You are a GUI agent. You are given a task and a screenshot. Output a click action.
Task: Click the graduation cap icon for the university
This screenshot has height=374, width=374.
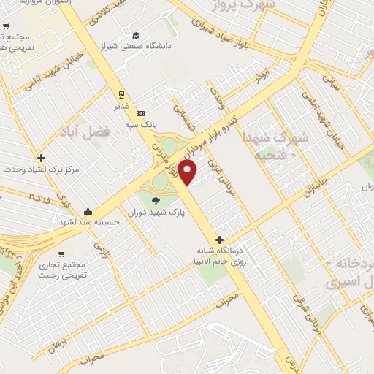click(x=136, y=35)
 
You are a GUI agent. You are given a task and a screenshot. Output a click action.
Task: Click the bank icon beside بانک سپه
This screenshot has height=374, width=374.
click(x=141, y=113)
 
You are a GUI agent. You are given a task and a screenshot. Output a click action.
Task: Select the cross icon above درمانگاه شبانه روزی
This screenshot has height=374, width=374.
click(x=219, y=239)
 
